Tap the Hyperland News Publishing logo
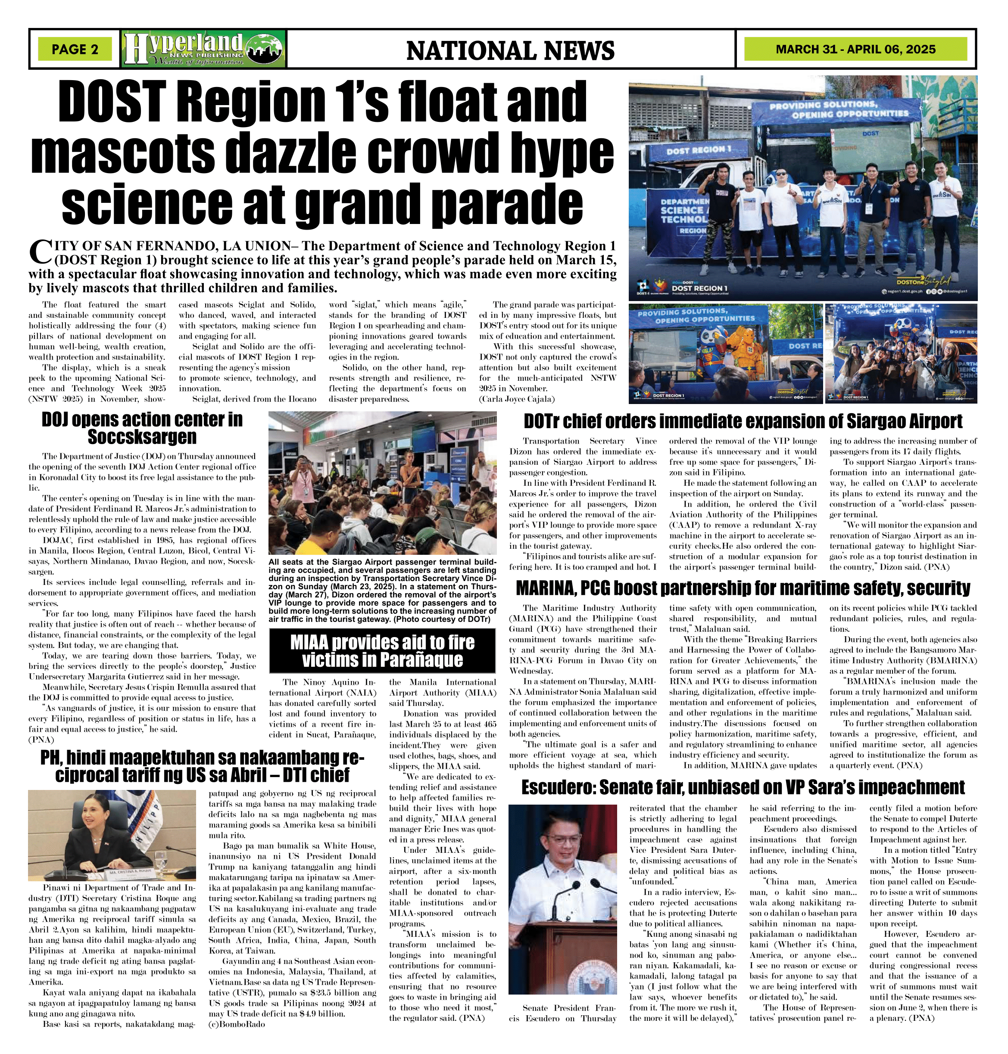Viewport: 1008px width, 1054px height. pyautogui.click(x=204, y=49)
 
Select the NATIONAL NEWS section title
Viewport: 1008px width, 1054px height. pyautogui.click(x=510, y=50)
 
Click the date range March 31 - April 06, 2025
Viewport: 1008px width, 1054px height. pyautogui.click(x=855, y=50)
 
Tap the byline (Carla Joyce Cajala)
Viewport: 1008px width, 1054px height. pyautogui.click(x=516, y=399)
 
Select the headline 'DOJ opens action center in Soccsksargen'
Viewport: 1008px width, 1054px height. pyautogui.click(x=142, y=428)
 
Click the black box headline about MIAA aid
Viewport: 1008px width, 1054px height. pyautogui.click(x=381, y=651)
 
